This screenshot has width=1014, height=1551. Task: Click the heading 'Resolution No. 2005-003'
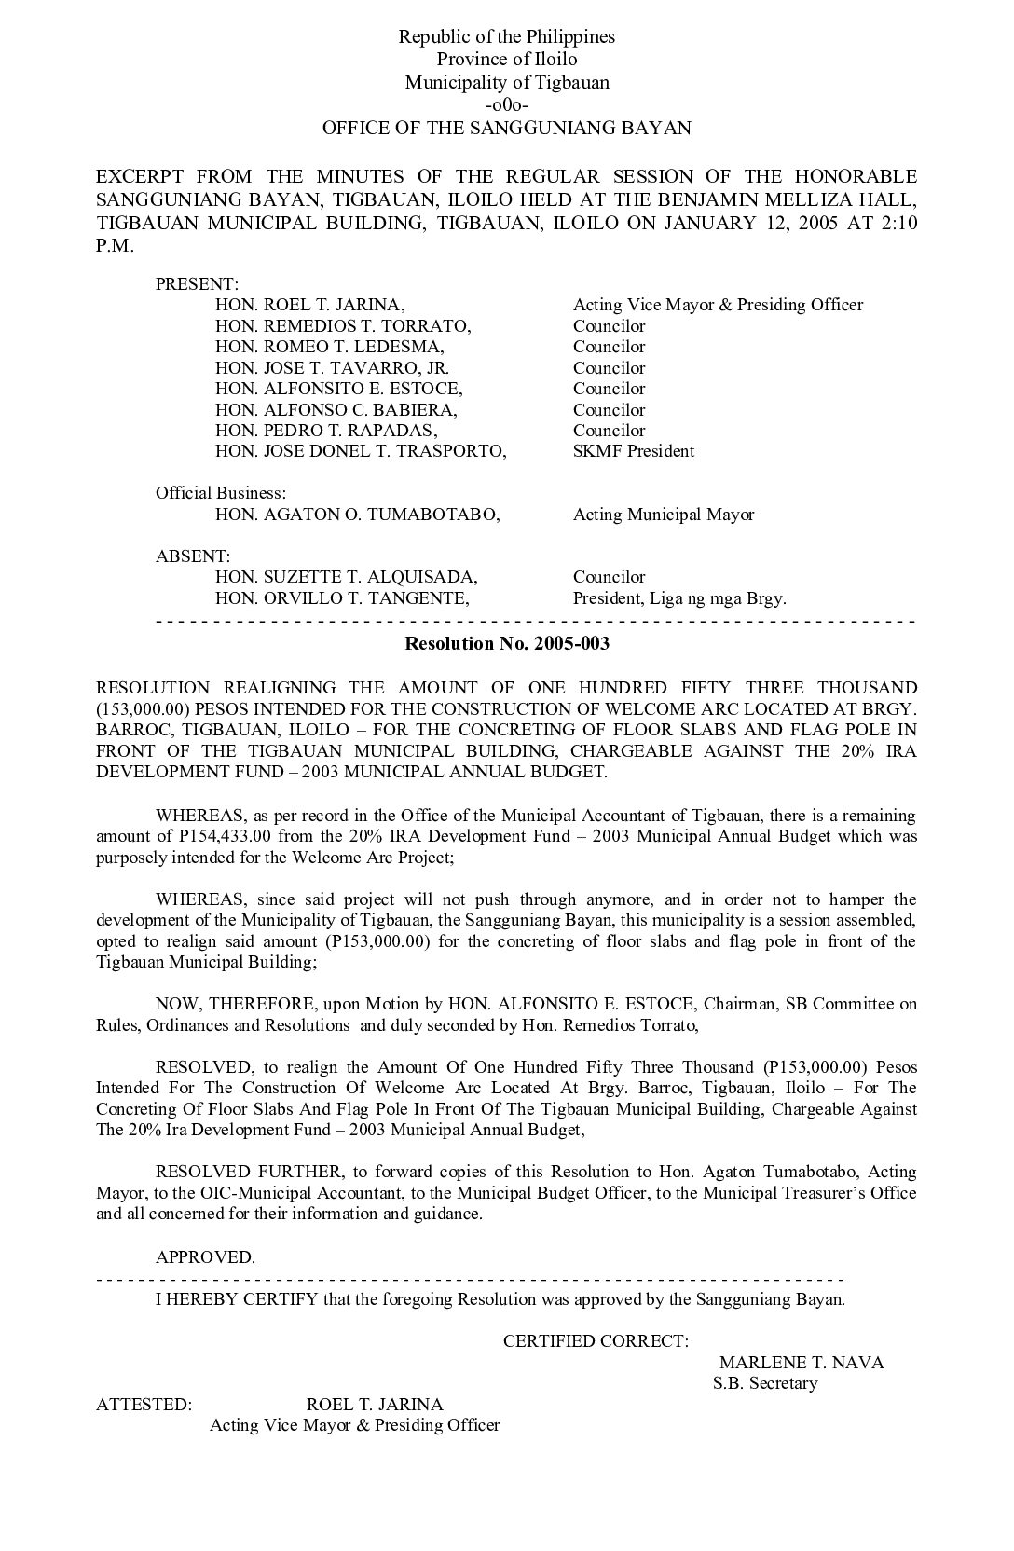506,643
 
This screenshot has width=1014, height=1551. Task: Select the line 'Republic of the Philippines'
506,37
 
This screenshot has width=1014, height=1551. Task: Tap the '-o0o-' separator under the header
506,105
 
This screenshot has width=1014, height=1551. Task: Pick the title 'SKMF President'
633,451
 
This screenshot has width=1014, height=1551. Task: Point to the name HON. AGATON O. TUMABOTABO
357,515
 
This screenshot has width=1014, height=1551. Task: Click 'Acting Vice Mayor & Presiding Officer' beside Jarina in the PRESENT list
718,305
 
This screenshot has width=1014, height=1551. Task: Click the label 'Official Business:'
221,493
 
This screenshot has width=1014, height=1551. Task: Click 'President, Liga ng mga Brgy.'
679,598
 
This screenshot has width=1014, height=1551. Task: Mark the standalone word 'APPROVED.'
205,1257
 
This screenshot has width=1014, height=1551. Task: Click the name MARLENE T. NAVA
802,1363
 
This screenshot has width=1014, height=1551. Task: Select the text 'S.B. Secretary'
765,1383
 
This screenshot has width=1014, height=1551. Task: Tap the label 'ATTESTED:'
144,1405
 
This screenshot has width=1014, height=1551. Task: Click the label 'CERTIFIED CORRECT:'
596,1341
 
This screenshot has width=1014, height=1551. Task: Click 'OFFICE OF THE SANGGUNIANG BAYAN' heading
506,128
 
